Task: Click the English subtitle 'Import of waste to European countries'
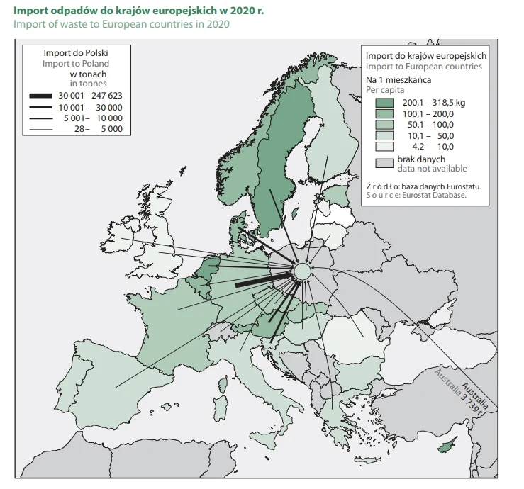coord(121,25)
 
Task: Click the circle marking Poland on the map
coord(302,271)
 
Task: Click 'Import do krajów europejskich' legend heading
coord(425,55)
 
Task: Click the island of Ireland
coord(125,235)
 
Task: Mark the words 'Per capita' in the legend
coord(386,91)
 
